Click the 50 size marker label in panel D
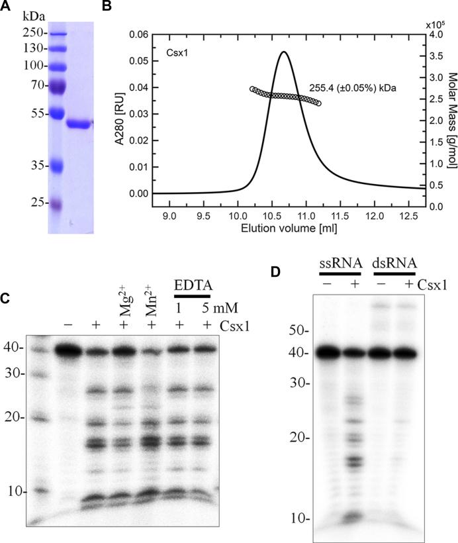pos(301,328)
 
